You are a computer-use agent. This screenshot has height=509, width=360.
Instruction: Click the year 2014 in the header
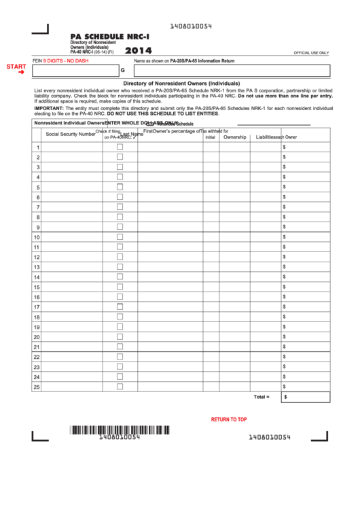[x=139, y=50]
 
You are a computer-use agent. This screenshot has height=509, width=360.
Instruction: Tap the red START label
[x=16, y=66]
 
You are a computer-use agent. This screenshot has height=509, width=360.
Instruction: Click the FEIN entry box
[x=75, y=71]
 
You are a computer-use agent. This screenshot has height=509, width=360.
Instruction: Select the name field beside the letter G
[x=231, y=71]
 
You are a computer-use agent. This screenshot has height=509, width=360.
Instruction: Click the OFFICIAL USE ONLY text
[x=311, y=52]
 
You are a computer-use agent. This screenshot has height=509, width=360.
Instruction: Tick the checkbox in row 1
[x=120, y=147]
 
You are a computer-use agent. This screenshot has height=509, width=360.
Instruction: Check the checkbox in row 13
[x=120, y=267]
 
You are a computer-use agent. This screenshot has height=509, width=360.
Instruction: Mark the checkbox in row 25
[x=120, y=387]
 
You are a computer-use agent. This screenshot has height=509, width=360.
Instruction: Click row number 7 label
[x=37, y=207]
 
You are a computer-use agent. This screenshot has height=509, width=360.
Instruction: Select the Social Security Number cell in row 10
[x=72, y=237]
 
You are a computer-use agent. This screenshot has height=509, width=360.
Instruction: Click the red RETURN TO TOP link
[x=229, y=419]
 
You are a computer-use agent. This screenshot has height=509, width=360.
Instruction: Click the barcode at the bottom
[x=119, y=429]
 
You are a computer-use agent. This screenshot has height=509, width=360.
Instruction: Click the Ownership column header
[x=234, y=137]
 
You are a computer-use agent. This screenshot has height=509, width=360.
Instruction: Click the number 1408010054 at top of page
[x=190, y=26]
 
